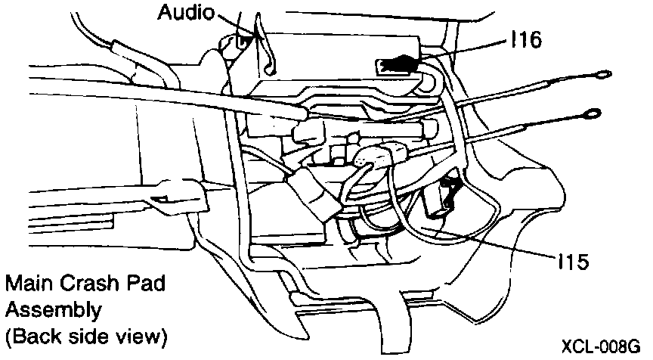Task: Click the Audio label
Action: [185, 12]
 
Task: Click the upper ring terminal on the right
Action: [602, 74]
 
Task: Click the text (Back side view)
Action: [85, 334]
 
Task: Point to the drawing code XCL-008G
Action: [601, 347]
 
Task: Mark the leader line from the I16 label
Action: [462, 49]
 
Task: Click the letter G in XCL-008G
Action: [636, 347]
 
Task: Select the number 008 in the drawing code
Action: [611, 347]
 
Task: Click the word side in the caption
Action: [84, 334]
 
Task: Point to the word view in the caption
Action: [135, 334]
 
